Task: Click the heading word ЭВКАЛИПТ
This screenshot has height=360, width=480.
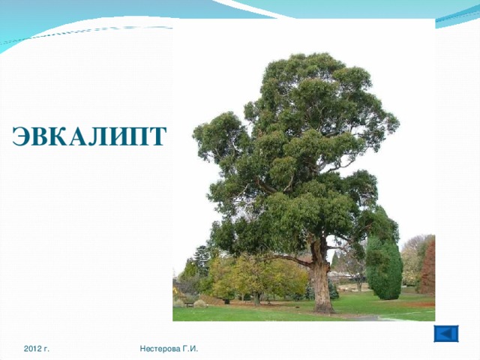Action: click(88, 136)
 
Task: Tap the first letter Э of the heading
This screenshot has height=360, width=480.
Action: click(22, 136)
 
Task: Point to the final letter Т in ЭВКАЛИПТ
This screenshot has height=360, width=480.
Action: click(156, 136)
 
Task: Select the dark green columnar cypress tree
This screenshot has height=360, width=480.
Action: click(384, 266)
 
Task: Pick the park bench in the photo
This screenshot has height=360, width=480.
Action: click(188, 303)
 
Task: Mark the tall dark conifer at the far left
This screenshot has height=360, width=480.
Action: click(201, 259)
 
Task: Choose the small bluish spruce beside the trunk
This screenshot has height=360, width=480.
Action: click(333, 289)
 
